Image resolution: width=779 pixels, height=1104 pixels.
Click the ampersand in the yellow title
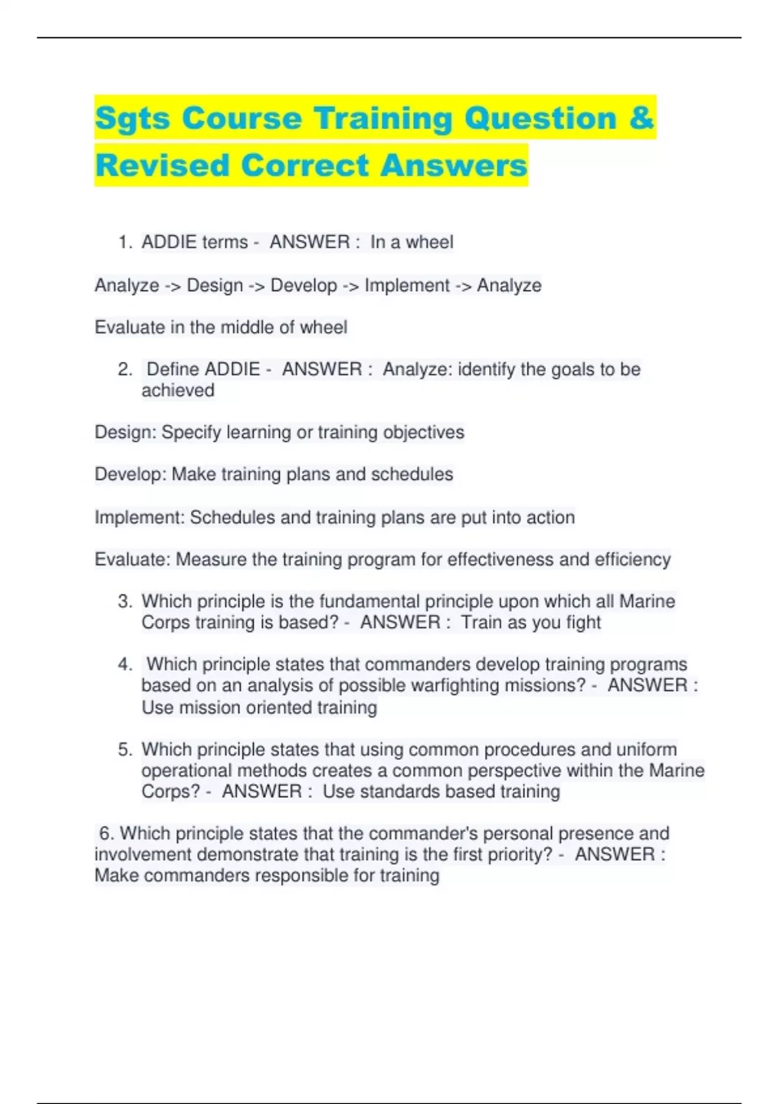641,118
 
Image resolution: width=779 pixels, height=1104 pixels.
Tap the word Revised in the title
162,165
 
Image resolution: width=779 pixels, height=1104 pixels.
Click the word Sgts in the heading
132,118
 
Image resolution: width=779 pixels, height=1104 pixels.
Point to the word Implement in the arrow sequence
407,285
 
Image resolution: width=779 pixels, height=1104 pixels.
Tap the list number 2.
125,370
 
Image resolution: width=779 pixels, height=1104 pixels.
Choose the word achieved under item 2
178,390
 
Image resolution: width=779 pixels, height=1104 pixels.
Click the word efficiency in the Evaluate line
628,559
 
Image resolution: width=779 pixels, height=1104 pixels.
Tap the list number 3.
125,601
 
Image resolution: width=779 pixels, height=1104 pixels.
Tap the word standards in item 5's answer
400,792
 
